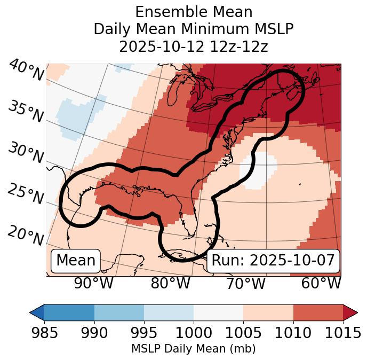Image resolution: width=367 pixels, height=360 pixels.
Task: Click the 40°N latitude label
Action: (26, 71)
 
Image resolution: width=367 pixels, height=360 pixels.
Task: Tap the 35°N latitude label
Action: (26, 111)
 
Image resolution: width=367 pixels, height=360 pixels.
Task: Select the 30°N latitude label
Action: (26, 153)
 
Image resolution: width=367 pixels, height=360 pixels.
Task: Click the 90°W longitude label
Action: (93, 283)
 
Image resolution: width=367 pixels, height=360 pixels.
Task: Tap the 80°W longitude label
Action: (170, 283)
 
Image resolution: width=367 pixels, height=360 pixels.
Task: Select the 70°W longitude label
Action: (245, 283)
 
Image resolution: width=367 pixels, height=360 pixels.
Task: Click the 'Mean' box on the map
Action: (76, 261)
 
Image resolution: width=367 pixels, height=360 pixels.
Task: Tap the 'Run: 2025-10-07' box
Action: (273, 261)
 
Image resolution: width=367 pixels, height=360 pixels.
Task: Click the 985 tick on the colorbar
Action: (44, 332)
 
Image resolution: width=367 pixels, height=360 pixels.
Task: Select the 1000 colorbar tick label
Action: (194, 332)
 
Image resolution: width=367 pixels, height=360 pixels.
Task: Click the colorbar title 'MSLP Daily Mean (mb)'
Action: (193, 349)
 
